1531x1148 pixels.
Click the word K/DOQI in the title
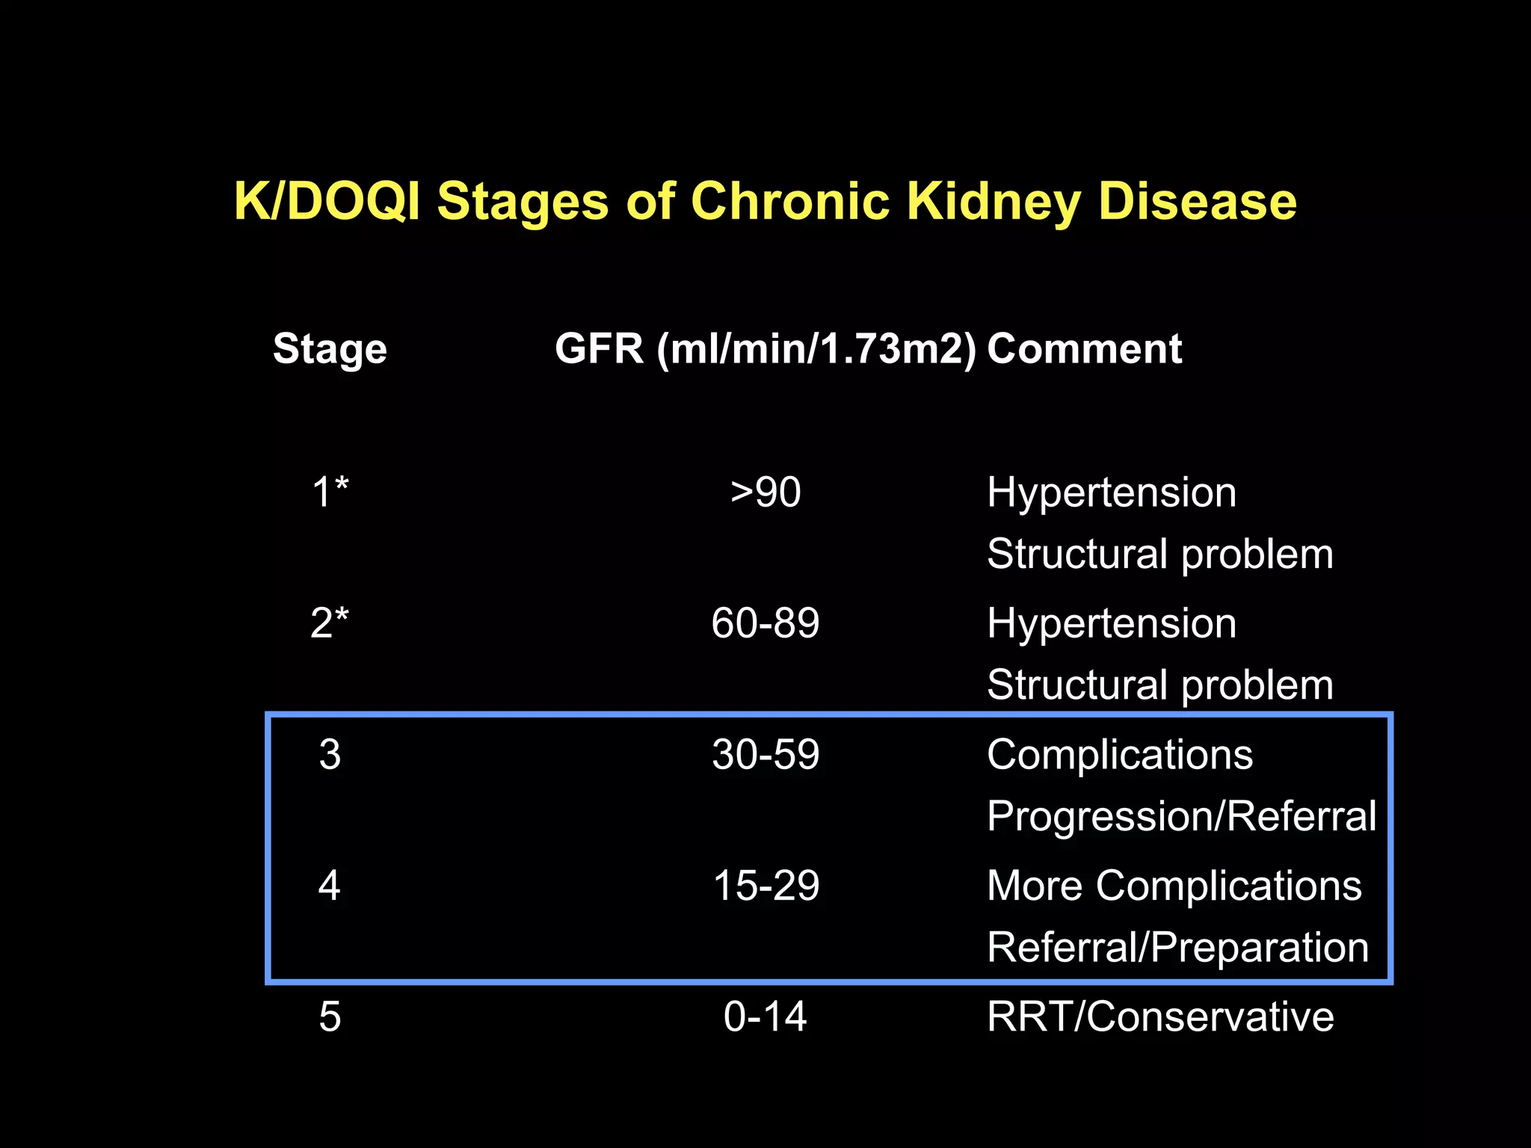pos(327,202)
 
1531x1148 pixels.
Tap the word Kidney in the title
pos(994,202)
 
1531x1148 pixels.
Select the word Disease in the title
pos(1197,202)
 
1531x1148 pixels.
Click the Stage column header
pos(330,349)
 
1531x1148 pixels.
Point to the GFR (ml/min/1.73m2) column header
pos(765,349)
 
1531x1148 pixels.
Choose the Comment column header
pos(1084,349)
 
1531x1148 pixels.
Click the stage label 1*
pos(330,493)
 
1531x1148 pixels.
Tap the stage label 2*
pos(330,623)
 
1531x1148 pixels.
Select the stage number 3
pos(330,754)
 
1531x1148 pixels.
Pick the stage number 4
pos(330,886)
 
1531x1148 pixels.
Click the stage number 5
pos(330,1016)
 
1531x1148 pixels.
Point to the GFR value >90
pos(765,493)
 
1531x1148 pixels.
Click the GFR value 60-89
pos(765,623)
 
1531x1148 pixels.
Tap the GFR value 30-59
pos(765,754)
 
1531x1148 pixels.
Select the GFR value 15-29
pos(765,886)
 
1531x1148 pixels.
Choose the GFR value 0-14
pos(765,1016)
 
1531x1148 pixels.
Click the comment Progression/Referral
pos(1181,815)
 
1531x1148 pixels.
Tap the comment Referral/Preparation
pos(1177,948)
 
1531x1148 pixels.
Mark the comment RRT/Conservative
pos(1160,1016)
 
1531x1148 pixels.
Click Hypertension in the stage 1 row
pos(1112,493)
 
